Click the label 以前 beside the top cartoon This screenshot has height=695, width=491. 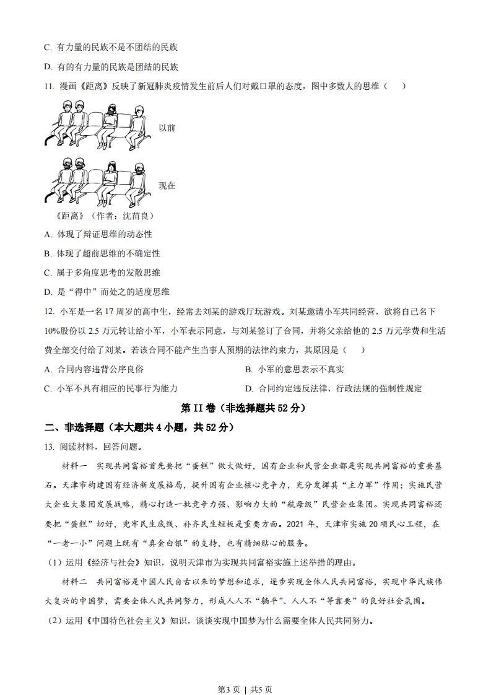click(x=167, y=128)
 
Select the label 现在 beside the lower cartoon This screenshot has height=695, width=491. click(x=167, y=185)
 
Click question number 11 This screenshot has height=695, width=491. click(x=49, y=86)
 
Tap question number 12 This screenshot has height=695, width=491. click(x=49, y=312)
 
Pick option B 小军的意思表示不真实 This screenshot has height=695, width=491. click(x=294, y=369)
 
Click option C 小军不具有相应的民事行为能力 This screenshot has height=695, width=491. click(x=111, y=388)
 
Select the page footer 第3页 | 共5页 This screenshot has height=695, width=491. click(x=246, y=673)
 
